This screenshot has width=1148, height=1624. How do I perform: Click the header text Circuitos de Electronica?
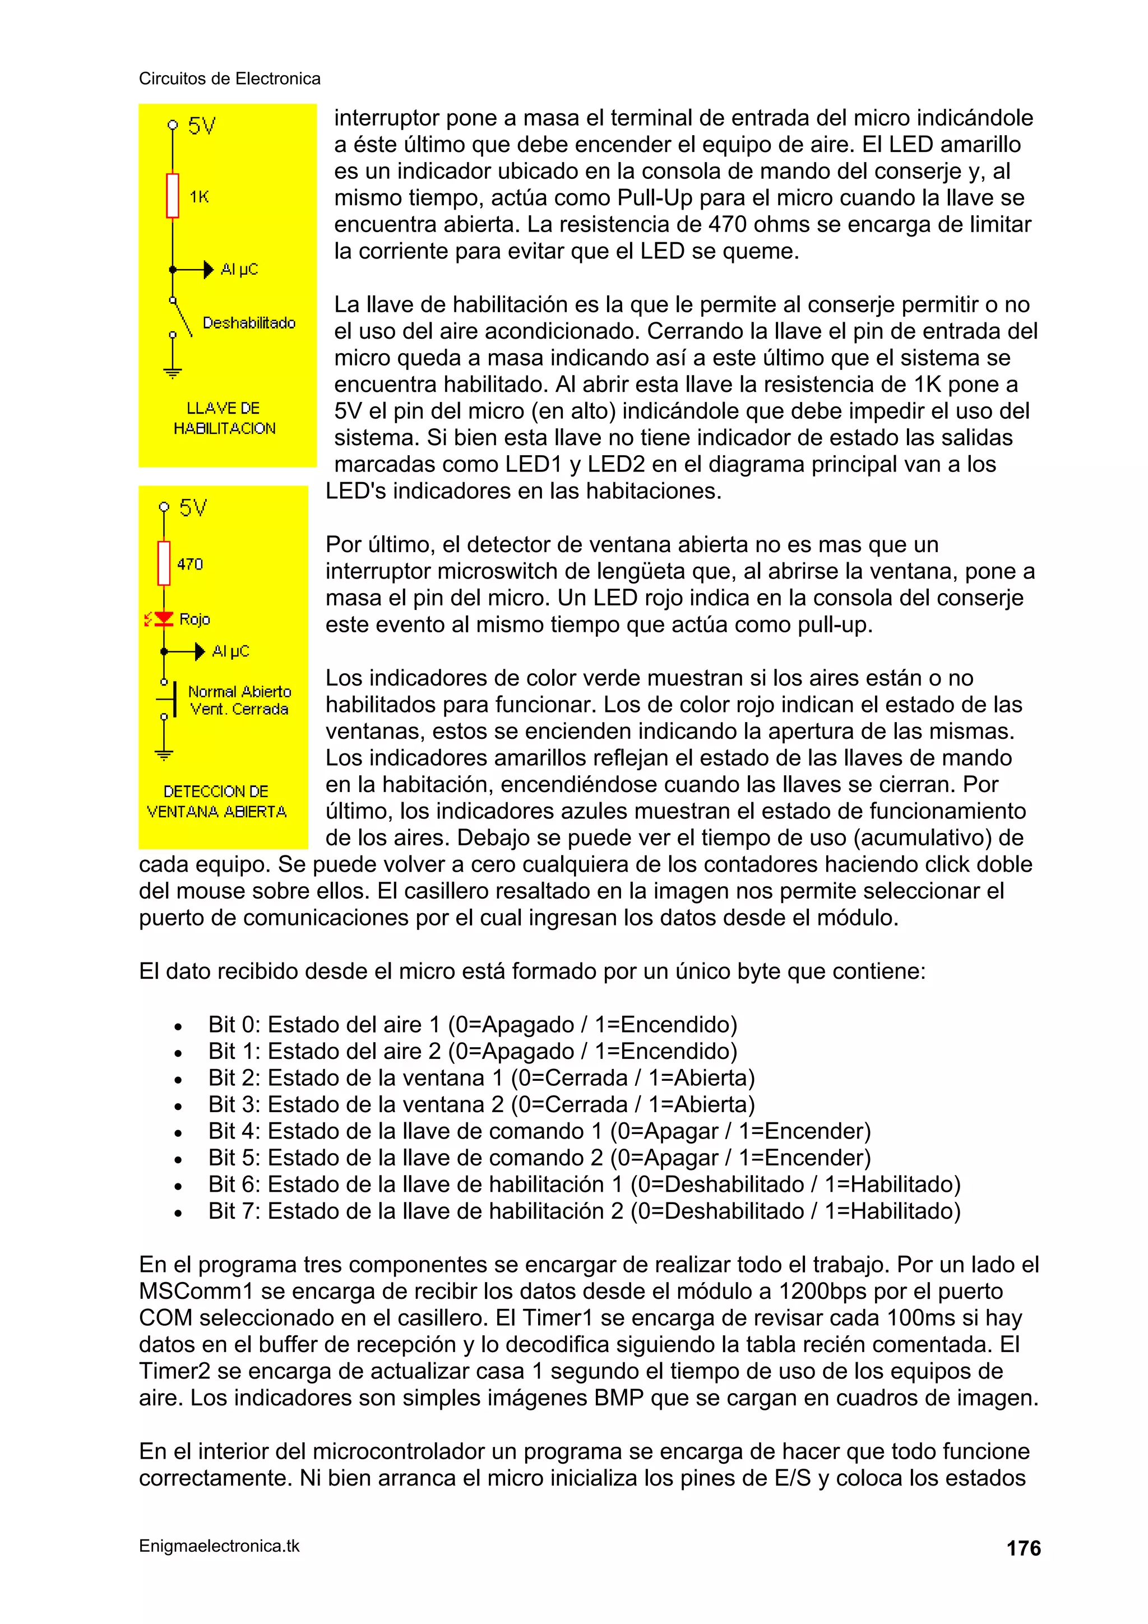(229, 78)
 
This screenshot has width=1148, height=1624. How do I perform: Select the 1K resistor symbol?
(173, 196)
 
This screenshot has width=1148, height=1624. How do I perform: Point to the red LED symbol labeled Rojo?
(164, 619)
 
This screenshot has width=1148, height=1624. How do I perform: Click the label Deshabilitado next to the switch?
(249, 323)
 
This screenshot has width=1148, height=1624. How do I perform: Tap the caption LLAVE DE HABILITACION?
(224, 418)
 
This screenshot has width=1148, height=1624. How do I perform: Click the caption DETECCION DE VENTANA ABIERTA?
(216, 802)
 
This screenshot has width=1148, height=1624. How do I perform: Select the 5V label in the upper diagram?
(202, 127)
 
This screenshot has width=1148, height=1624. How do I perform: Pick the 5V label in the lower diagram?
(192, 508)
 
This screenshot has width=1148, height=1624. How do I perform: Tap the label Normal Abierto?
(239, 692)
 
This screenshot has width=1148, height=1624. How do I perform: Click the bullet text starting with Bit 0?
(472, 1024)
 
